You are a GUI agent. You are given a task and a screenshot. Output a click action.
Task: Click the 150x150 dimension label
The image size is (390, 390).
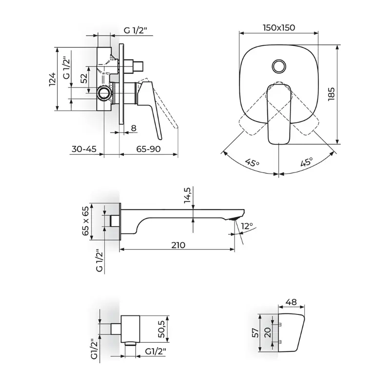click(x=279, y=27)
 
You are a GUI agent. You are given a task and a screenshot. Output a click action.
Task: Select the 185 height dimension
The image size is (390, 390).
click(x=331, y=94)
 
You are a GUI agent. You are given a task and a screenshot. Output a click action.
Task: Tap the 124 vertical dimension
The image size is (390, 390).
click(x=53, y=79)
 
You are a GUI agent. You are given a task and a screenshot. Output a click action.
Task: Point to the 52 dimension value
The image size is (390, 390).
click(x=84, y=78)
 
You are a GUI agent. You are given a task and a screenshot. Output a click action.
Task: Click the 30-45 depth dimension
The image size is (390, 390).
click(x=84, y=149)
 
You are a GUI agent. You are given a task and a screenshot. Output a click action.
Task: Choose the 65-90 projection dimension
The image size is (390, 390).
click(x=149, y=149)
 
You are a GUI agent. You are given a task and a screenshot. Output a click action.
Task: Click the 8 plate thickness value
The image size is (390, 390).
click(x=134, y=128)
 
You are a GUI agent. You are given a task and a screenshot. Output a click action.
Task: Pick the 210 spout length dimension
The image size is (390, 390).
click(x=178, y=245)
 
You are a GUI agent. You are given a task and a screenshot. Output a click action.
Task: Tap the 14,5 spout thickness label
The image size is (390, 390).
click(x=188, y=195)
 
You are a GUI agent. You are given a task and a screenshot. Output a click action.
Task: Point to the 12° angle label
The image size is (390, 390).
click(x=247, y=226)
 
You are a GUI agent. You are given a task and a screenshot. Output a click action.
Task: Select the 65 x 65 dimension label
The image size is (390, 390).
click(x=85, y=221)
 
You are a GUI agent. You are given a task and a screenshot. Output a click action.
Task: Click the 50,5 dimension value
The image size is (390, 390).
click(x=161, y=329)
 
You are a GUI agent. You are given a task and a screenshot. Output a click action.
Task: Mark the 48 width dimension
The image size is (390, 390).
click(x=291, y=302)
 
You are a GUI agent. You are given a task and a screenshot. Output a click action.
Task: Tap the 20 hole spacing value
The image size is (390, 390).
click(x=267, y=332)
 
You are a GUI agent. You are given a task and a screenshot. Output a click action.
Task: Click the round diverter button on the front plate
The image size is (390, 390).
click(x=279, y=66)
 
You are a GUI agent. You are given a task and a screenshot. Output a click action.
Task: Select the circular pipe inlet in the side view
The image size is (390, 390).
click(x=104, y=93)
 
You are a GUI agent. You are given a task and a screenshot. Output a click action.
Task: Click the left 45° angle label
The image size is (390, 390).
click(x=252, y=163)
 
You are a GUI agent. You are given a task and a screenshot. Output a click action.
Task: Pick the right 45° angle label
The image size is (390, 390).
click(x=307, y=162)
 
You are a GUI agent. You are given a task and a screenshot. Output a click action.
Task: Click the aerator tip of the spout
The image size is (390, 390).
click(x=234, y=218)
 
